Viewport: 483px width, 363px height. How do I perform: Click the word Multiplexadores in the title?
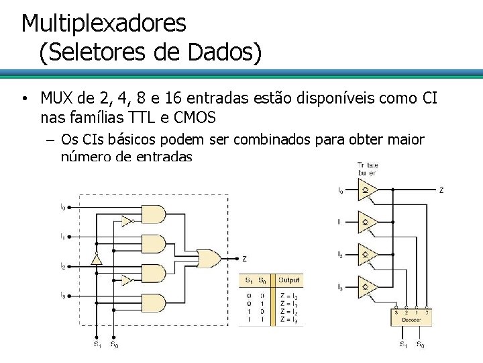(104, 24)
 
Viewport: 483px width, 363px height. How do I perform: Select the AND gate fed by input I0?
(154, 214)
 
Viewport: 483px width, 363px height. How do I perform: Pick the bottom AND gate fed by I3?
(154, 304)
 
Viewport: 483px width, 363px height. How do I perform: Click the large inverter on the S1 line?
(97, 259)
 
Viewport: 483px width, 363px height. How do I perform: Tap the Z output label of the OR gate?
(244, 259)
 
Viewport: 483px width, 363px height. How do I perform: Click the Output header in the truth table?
(289, 280)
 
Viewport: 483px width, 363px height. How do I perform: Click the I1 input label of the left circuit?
(62, 236)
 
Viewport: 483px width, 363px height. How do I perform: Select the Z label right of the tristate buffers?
(441, 190)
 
